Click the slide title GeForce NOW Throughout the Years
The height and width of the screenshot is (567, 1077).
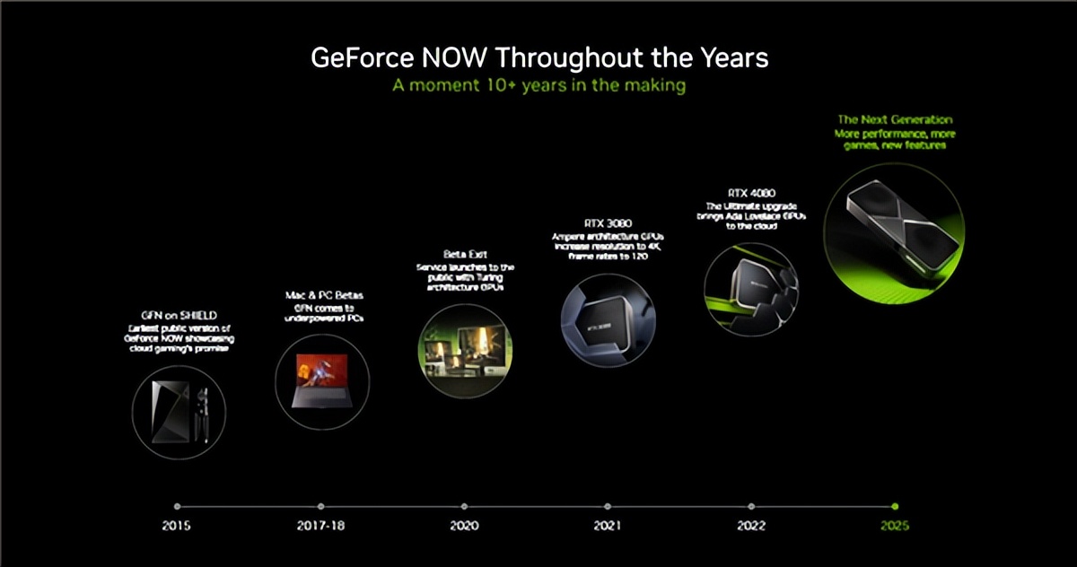pyautogui.click(x=538, y=58)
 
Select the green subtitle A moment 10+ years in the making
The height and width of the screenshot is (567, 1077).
pyautogui.click(x=538, y=86)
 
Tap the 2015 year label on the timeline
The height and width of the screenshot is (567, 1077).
pyautogui.click(x=177, y=525)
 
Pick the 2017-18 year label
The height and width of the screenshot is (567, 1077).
pyautogui.click(x=320, y=525)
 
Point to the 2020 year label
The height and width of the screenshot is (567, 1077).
pyautogui.click(x=464, y=525)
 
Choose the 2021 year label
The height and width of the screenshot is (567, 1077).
pyautogui.click(x=608, y=525)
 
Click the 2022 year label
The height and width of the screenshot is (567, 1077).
pyautogui.click(x=751, y=525)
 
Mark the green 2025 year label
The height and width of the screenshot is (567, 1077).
pyautogui.click(x=894, y=525)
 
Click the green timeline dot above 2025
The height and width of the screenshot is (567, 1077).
pyautogui.click(x=895, y=506)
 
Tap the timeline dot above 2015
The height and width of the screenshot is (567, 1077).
pyautogui.click(x=177, y=506)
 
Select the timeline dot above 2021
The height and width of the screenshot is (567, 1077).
pyautogui.click(x=608, y=506)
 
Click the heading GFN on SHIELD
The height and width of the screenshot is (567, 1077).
pyautogui.click(x=177, y=316)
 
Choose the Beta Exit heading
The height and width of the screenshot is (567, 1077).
pyautogui.click(x=464, y=255)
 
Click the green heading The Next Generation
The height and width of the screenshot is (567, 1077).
pyautogui.click(x=895, y=119)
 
